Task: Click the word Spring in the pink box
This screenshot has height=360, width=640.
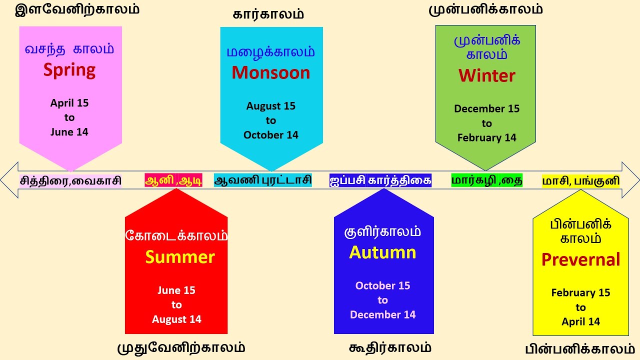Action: click(x=69, y=70)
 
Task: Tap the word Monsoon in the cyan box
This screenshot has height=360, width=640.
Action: click(x=270, y=73)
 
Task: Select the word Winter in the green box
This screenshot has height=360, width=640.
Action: click(x=486, y=75)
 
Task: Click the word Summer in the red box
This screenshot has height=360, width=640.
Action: click(x=180, y=257)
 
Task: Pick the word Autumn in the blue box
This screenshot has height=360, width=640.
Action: click(x=382, y=252)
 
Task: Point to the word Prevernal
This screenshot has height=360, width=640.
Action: click(x=580, y=259)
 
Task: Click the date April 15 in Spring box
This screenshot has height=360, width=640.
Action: click(x=69, y=103)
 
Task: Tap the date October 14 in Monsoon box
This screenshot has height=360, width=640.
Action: click(x=270, y=135)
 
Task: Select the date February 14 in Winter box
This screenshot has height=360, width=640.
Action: click(x=486, y=137)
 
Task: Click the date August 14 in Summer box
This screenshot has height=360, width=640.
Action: click(x=176, y=319)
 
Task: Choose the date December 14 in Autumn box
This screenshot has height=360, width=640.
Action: click(x=382, y=314)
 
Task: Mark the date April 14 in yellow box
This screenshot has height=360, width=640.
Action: click(x=580, y=321)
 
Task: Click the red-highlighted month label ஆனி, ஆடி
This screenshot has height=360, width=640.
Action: click(x=173, y=180)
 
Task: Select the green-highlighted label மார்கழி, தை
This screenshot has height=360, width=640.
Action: click(x=486, y=180)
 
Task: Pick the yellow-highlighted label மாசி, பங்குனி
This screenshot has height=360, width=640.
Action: click(x=580, y=180)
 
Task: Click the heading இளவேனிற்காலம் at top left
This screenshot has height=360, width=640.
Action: click(x=77, y=9)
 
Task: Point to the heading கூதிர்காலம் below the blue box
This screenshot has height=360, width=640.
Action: click(x=390, y=347)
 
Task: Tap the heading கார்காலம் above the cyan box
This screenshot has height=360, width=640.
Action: click(x=268, y=14)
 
